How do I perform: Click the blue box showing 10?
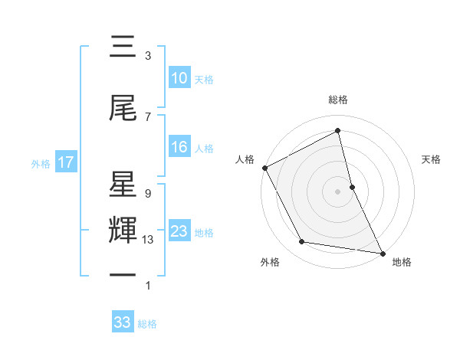(179, 78)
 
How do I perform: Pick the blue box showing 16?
(179, 148)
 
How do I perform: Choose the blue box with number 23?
(179, 231)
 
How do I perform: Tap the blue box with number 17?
(65, 162)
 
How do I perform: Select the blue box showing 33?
(122, 322)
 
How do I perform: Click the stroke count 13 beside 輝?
(149, 240)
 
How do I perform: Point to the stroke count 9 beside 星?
(147, 194)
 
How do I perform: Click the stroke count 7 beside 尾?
(147, 116)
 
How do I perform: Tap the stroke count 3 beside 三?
(147, 56)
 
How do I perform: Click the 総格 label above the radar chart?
(338, 100)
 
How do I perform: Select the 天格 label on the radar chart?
(432, 159)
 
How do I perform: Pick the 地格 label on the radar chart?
(402, 262)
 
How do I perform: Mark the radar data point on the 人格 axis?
(265, 168)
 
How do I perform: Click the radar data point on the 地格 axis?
(382, 252)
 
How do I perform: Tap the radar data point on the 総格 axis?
(338, 131)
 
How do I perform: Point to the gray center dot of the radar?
(338, 191)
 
